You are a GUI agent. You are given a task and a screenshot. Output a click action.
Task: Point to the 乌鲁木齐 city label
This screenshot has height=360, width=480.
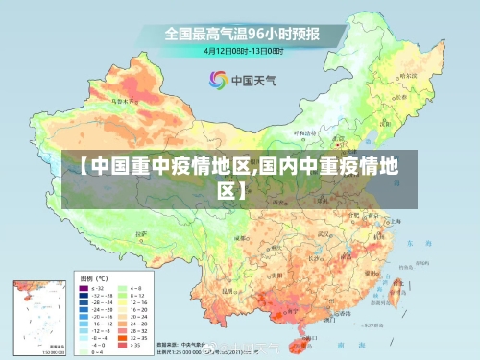point(124,98)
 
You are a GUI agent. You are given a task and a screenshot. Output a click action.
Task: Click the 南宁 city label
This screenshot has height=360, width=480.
point(284,310)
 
